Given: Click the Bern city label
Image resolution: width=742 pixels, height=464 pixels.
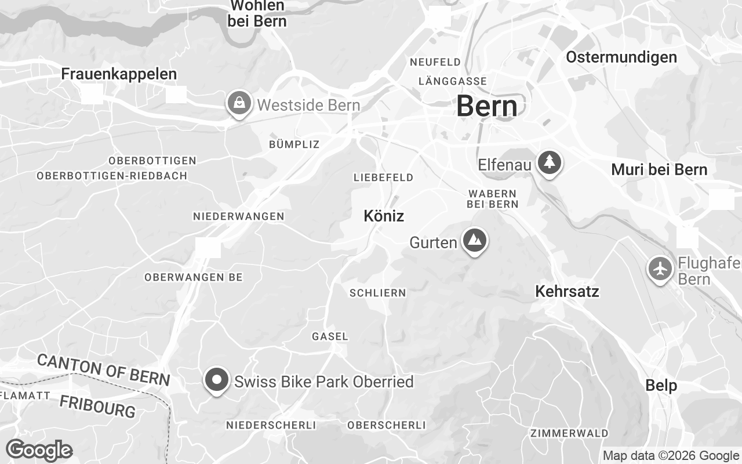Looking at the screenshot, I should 486,107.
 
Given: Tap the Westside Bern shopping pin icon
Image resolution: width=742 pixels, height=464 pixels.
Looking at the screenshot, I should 238,104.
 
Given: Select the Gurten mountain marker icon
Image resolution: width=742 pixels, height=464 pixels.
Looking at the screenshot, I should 475,240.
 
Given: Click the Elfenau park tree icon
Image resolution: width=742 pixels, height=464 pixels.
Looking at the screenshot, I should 549,163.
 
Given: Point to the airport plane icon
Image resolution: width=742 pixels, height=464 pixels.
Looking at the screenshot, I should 660,269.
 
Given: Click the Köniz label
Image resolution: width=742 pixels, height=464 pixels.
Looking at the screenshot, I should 383,216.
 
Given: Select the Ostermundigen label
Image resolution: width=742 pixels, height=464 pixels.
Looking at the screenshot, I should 621,57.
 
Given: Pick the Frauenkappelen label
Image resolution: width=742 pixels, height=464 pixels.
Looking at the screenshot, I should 119,74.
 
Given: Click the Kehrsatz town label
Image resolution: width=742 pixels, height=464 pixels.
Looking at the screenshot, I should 567,291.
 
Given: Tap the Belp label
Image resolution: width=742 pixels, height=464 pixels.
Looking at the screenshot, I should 661,385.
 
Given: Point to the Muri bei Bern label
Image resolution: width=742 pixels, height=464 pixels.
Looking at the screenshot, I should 659,169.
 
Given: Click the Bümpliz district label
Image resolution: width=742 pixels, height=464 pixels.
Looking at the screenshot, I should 294,144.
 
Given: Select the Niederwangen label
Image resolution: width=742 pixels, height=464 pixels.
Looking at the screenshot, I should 238,216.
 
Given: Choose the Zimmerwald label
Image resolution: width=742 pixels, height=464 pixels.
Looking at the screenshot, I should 569,433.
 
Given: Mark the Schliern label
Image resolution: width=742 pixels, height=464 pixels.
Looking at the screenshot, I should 377,293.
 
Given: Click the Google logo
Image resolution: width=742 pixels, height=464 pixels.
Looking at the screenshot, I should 39,450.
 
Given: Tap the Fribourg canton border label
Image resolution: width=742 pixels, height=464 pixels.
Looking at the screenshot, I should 97,406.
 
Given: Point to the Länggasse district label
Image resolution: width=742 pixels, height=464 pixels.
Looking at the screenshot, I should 452,81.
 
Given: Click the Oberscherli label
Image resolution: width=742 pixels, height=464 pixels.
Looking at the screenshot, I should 386,425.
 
